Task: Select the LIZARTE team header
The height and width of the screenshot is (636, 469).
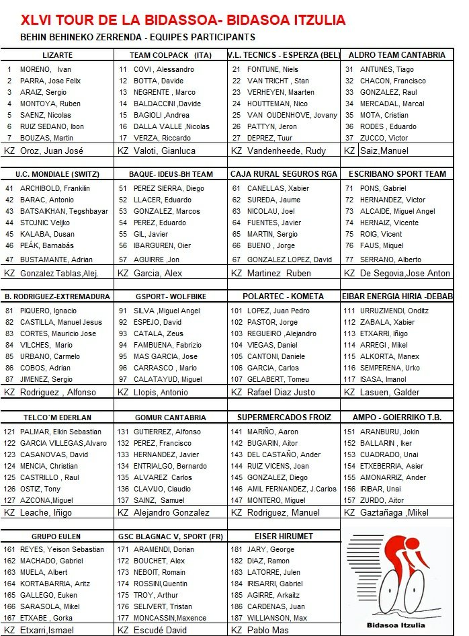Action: click(x=56, y=55)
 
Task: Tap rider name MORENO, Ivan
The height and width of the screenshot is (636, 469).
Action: click(x=46, y=69)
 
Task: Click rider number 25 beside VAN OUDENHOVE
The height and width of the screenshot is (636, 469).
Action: click(x=236, y=115)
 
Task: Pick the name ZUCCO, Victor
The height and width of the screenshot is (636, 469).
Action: click(x=384, y=138)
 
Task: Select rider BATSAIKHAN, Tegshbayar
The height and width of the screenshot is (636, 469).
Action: click(x=64, y=211)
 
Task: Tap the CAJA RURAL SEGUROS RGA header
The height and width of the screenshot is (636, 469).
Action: click(x=284, y=174)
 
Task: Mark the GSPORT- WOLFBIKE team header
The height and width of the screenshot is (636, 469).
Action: click(x=170, y=296)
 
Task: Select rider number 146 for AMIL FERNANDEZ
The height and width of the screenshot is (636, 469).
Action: click(x=237, y=489)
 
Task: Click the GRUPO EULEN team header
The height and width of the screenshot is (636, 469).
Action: click(x=56, y=536)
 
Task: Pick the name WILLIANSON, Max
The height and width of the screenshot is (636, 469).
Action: click(x=277, y=618)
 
